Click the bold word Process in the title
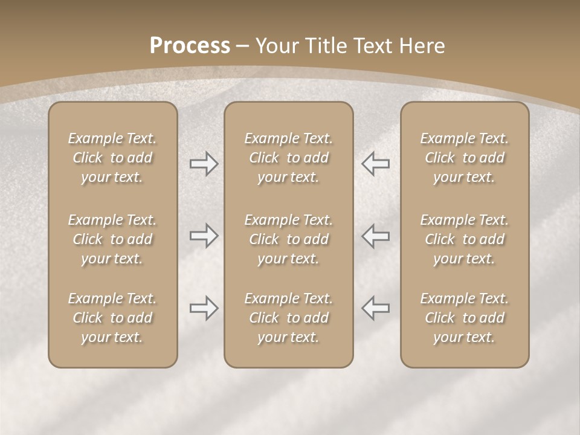190,46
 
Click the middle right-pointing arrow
204,236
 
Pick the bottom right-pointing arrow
204,308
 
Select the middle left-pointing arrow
375,236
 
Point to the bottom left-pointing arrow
375,308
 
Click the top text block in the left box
112,158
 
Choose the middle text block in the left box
112,239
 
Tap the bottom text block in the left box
112,318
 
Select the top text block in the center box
288,158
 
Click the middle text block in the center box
288,239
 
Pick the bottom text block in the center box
288,318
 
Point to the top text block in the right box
464,158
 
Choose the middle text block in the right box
464,239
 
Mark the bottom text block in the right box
464,318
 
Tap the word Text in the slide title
372,46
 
